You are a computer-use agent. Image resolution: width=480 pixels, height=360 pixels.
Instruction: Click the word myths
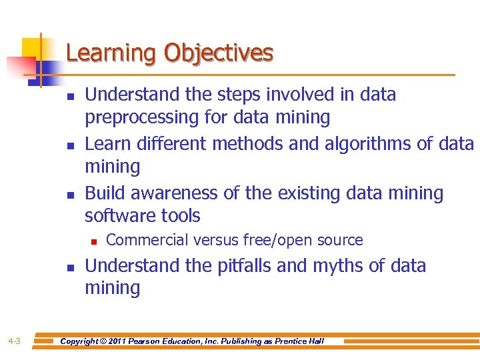[337, 266]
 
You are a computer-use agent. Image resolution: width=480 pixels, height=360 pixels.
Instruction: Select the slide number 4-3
[15, 341]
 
